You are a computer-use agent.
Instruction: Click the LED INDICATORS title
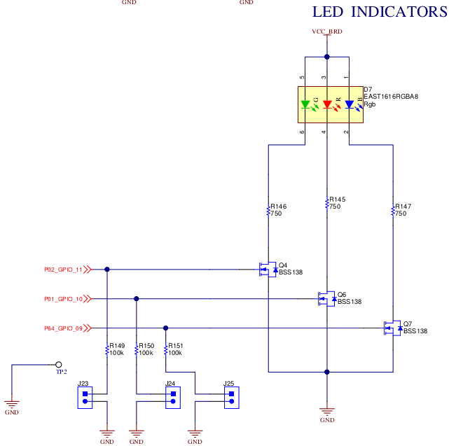[x=379, y=12]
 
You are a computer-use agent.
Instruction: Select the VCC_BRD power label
[x=326, y=32]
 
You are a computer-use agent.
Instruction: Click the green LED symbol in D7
[x=305, y=105]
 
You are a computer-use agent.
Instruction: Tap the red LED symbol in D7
[x=327, y=105]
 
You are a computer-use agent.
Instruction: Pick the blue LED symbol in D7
[x=350, y=105]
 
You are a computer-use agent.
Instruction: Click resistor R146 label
[x=279, y=207]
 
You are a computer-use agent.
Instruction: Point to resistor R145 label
[x=338, y=200]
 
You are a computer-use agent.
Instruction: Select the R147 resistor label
[x=403, y=207]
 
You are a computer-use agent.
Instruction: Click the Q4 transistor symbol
[x=266, y=269]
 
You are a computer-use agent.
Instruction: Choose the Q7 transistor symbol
[x=391, y=328]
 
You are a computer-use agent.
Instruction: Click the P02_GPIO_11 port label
[x=63, y=269]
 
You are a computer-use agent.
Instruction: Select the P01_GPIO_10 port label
[x=63, y=299]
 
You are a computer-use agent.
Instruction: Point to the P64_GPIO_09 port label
[x=63, y=328]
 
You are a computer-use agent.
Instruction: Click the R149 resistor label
[x=117, y=346]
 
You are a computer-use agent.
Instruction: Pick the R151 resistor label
[x=176, y=346]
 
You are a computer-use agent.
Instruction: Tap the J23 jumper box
[x=85, y=398]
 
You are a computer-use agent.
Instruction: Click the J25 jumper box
[x=230, y=398]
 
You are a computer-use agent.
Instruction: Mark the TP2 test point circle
[x=59, y=364]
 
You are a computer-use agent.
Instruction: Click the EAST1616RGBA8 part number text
[x=391, y=97]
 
